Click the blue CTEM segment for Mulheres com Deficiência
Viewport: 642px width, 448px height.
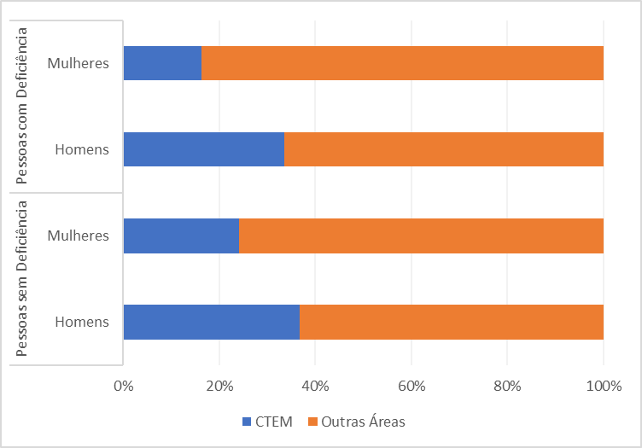click(x=162, y=63)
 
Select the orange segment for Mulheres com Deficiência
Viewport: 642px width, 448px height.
click(x=402, y=63)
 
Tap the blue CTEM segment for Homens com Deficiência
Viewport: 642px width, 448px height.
click(x=204, y=149)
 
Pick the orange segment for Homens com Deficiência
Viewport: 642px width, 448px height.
click(x=444, y=149)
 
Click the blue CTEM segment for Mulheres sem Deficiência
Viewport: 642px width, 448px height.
click(x=181, y=236)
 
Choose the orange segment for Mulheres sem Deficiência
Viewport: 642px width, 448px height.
click(x=421, y=236)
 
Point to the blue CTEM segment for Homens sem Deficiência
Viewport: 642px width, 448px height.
click(x=212, y=322)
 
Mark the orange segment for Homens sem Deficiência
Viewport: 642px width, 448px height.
click(x=452, y=322)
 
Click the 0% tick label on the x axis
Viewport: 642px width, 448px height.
click(x=124, y=386)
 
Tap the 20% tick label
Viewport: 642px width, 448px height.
click(x=219, y=386)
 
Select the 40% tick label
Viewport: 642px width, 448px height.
click(x=315, y=386)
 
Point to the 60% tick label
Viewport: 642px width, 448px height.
click(x=411, y=386)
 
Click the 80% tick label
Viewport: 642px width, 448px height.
click(x=507, y=386)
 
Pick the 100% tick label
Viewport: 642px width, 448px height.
click(x=603, y=386)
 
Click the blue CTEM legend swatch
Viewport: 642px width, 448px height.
click(x=248, y=421)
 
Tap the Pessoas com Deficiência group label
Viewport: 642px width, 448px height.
click(x=23, y=106)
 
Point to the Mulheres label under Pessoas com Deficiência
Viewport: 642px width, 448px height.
click(x=79, y=63)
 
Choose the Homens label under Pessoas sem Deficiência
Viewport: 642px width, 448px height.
click(x=82, y=322)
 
